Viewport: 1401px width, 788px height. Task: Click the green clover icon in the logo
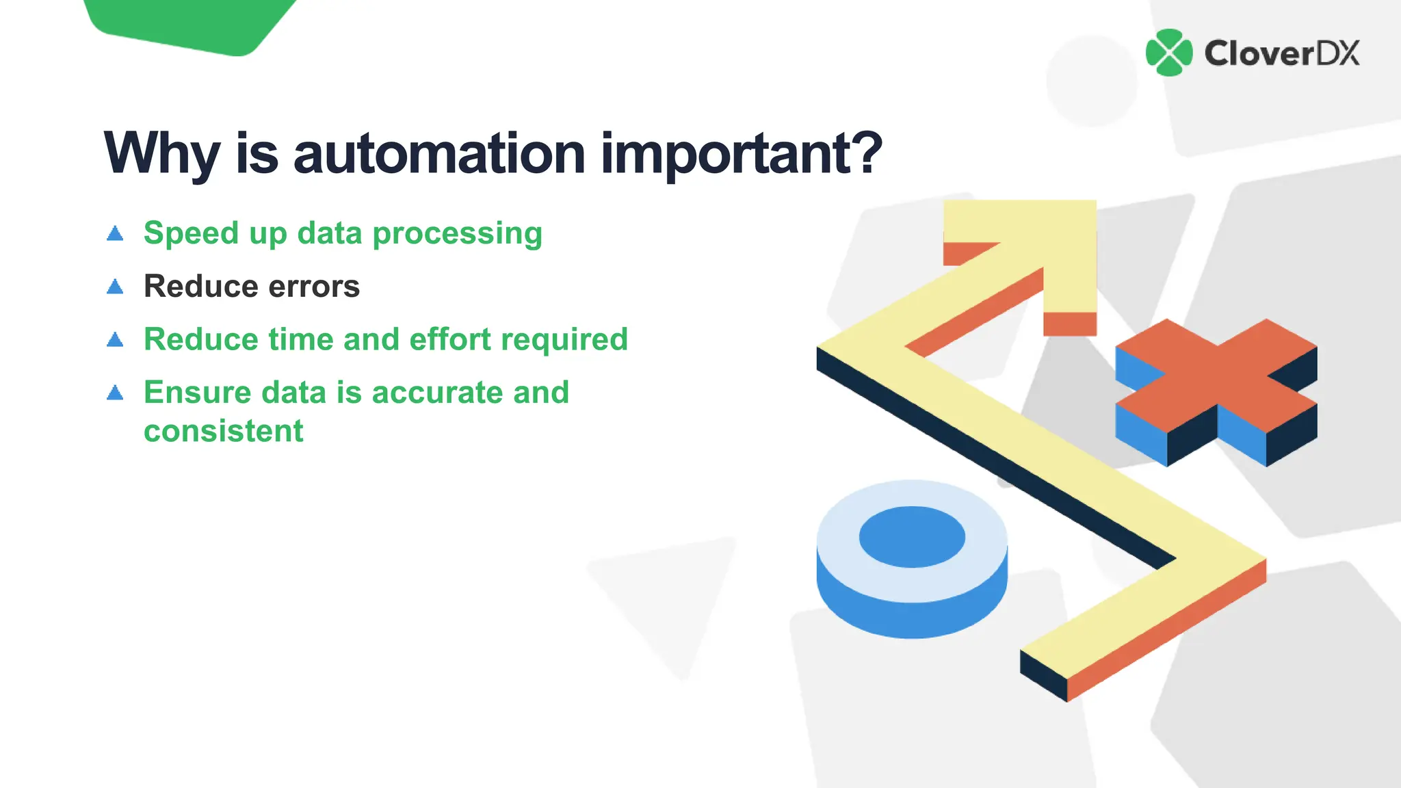[1169, 53]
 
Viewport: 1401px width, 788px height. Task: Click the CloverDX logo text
[1281, 53]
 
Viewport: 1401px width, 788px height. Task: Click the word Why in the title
[161, 154]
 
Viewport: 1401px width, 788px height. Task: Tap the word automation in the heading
[438, 154]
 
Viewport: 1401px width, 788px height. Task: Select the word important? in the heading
[742, 154]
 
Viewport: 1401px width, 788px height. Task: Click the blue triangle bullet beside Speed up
[116, 234]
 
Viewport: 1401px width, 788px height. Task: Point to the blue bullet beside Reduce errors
[116, 287]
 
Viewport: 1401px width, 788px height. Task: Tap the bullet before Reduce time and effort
[116, 339]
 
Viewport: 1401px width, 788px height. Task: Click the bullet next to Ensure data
[116, 393]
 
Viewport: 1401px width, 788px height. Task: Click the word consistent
[223, 431]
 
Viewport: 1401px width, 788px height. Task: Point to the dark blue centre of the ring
[912, 537]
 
